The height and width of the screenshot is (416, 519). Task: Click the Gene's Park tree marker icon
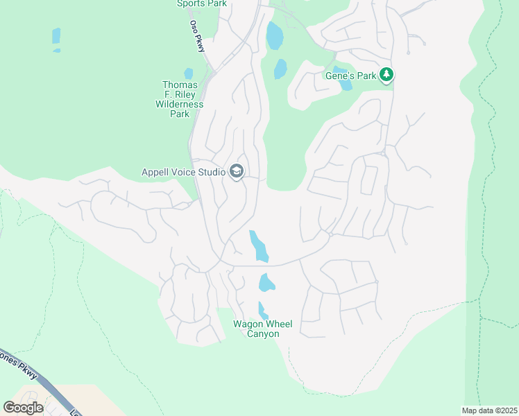point(386,75)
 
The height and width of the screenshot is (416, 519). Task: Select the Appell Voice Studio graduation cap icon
point(236,172)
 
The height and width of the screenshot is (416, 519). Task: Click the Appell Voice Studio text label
point(183,172)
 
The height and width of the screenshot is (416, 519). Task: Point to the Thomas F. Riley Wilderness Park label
point(180,99)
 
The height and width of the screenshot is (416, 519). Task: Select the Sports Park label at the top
point(202,3)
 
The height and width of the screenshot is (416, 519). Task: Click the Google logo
point(23,407)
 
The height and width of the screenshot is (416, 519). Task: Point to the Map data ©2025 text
point(489,410)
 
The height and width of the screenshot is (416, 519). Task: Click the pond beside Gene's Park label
point(345,85)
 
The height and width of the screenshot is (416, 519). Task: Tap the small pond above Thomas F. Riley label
point(188,73)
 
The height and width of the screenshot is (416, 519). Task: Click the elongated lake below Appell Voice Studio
point(258,246)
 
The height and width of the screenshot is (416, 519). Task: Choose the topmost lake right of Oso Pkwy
point(275,35)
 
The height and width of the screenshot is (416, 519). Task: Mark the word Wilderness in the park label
point(180,104)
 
